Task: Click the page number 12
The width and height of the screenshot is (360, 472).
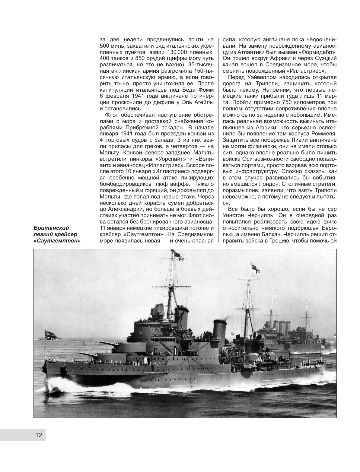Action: point(38,435)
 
